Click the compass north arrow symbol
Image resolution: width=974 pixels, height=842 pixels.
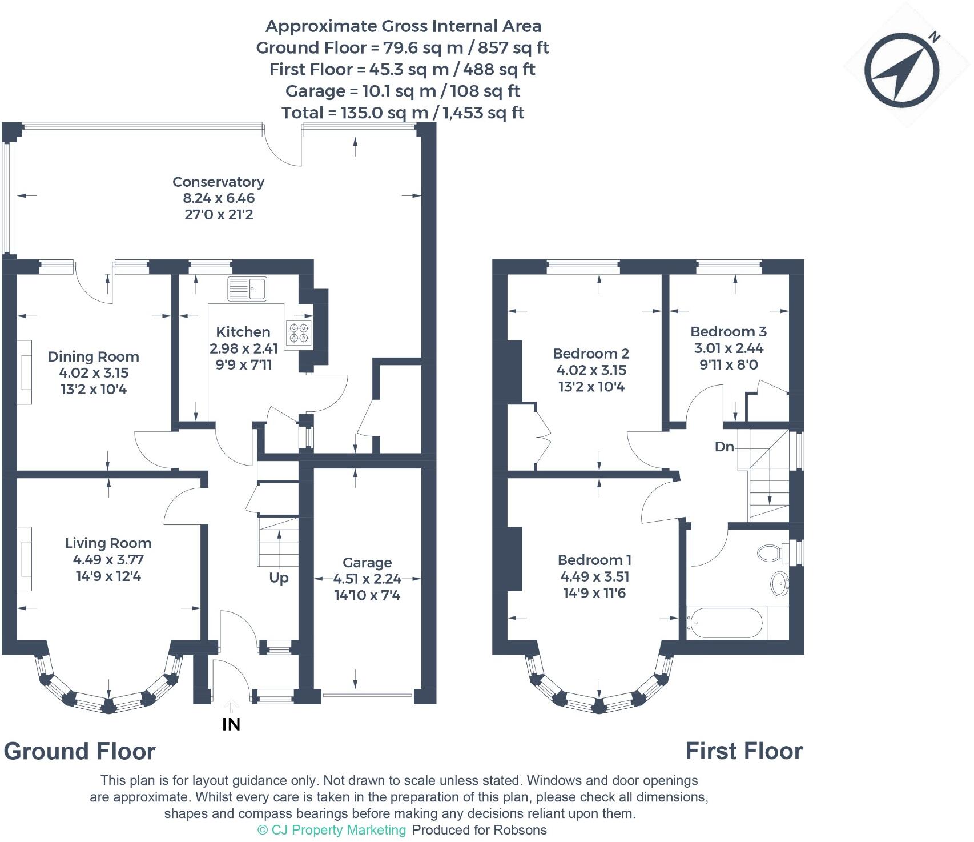coord(902,70)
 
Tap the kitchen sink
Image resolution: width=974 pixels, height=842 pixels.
coord(247,288)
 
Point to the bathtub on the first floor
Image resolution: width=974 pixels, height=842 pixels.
coord(725,623)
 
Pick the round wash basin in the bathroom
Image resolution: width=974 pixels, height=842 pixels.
coord(779,583)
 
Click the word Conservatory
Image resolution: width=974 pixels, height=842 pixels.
coord(219,182)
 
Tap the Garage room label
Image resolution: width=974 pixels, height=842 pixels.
coord(367,563)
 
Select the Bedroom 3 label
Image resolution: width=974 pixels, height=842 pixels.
coord(729,331)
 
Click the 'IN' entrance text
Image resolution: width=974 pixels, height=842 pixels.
coord(231,724)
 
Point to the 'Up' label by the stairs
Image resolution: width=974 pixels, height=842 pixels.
coord(279,578)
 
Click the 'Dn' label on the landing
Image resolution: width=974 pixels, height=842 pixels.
coord(725,446)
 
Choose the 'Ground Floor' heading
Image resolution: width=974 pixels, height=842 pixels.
coord(80,751)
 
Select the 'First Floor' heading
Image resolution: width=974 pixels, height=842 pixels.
coord(744,751)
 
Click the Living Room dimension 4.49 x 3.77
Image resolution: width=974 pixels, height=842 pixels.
coord(108,560)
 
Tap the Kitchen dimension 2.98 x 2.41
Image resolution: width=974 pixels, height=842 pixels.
coord(243,348)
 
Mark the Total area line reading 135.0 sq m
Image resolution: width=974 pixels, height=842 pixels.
coord(403,113)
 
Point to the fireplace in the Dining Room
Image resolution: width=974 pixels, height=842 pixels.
coord(24,372)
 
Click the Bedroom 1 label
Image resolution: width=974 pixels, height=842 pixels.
coord(594,560)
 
